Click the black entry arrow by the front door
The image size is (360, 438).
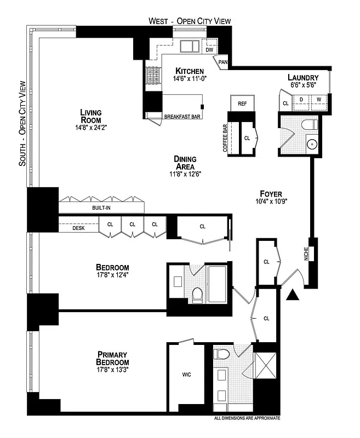(294, 296)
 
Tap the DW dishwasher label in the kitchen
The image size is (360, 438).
(209, 50)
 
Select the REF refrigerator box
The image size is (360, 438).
(242, 103)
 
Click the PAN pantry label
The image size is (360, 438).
(223, 62)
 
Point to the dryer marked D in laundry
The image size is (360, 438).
(301, 100)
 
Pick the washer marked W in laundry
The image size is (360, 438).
(319, 100)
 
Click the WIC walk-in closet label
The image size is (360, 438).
(186, 375)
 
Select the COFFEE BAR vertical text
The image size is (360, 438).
(225, 138)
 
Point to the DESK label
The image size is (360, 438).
(79, 228)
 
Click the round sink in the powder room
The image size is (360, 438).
(311, 145)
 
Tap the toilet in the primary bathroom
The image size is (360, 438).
(221, 354)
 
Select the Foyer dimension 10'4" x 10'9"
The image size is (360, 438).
(271, 201)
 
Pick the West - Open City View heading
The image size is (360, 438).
(190, 21)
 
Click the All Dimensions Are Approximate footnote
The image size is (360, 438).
(247, 418)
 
